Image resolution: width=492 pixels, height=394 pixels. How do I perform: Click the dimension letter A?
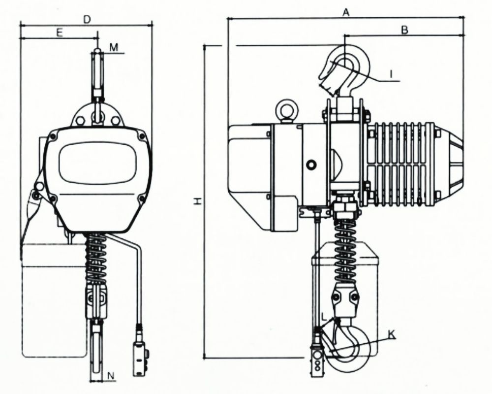point(345,12)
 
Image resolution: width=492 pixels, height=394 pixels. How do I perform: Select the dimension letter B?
point(405,30)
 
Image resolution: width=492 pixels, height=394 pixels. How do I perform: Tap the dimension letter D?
point(87,20)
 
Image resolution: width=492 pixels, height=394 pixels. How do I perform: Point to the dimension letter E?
point(60,32)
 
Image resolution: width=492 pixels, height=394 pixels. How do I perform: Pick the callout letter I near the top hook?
point(391,74)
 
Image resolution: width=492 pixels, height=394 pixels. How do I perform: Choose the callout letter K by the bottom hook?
point(392,335)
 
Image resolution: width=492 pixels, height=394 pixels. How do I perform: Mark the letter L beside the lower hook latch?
point(325,318)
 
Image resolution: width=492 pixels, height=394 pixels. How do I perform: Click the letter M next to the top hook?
point(114,47)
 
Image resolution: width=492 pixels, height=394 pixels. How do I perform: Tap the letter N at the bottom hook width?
point(111,375)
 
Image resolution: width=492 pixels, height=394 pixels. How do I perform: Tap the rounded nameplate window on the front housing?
point(97,163)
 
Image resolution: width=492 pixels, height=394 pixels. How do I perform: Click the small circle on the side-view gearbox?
point(311,164)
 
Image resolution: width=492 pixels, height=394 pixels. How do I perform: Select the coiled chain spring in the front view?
point(96,259)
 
